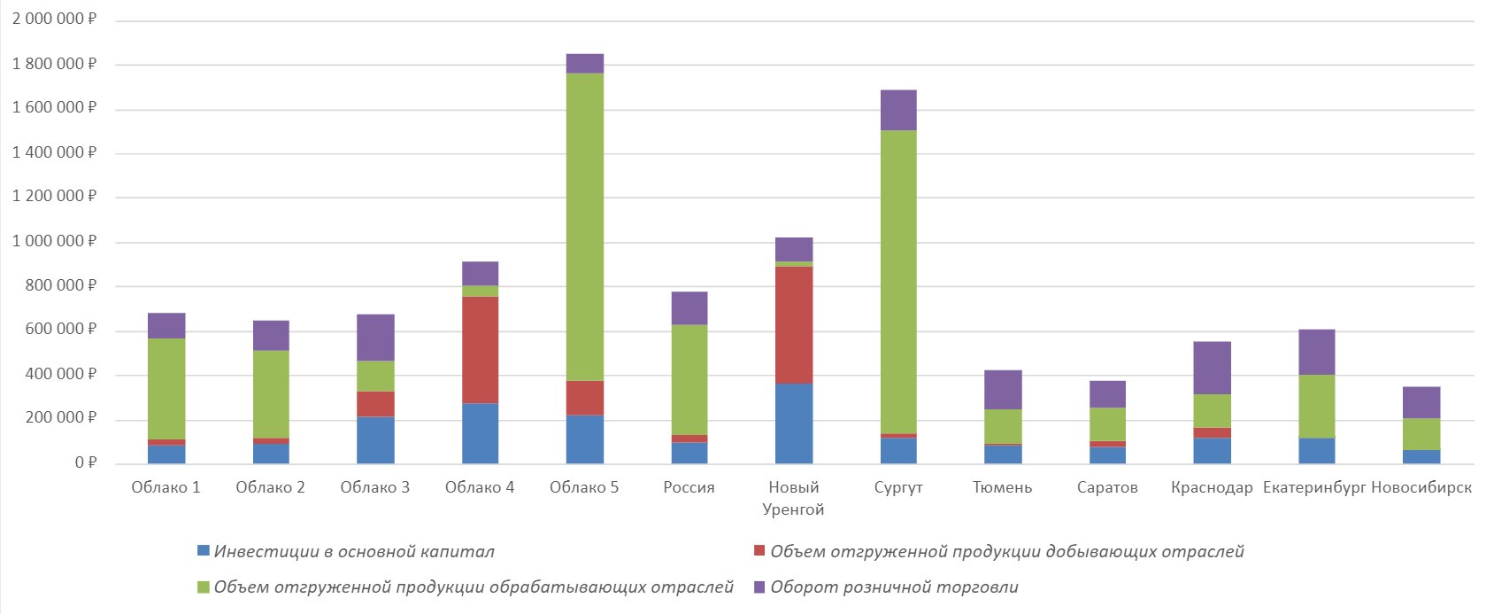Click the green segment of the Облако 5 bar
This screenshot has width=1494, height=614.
585,227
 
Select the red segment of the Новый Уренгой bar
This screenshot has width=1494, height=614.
794,325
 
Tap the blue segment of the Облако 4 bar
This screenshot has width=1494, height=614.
480,433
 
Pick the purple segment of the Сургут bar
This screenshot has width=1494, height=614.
898,110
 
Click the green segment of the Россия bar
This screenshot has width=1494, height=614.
689,380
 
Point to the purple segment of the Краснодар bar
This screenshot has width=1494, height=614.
1212,368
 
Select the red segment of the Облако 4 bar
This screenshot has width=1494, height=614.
480,350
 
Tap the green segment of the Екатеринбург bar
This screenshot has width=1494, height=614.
1316,407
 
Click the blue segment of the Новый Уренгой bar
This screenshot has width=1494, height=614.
794,424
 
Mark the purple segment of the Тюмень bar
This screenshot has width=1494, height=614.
1003,390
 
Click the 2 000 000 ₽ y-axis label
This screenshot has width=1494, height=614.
54,19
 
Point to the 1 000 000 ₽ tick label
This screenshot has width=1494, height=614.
54,241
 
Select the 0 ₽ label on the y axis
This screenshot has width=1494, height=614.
86,462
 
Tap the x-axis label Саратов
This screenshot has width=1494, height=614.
1107,487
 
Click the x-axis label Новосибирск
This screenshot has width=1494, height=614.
1421,487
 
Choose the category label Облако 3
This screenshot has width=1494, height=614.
375,487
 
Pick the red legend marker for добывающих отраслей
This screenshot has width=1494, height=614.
759,551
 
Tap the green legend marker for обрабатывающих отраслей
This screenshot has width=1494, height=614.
204,587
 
